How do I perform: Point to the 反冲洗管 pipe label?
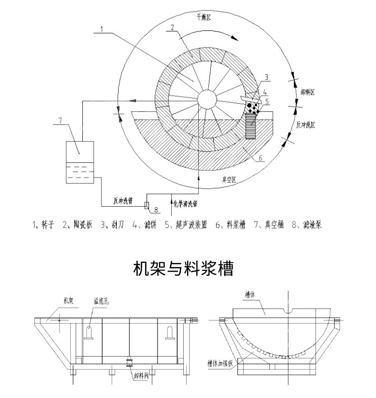pyautogui.click(x=122, y=201)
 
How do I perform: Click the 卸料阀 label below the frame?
pyautogui.click(x=141, y=375)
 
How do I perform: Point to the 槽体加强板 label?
pyautogui.click(x=218, y=362)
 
